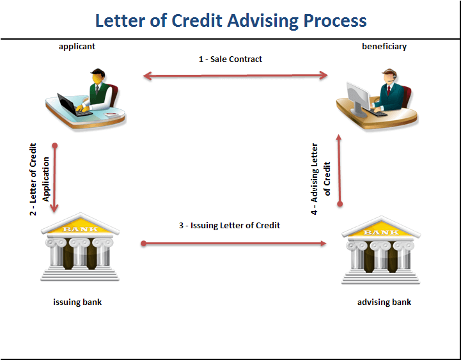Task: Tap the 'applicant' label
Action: click(77, 46)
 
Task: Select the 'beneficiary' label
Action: click(384, 46)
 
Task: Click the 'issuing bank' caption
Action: click(77, 302)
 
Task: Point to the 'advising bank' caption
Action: click(384, 302)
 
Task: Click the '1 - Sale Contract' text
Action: click(230, 59)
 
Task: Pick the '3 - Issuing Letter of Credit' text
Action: click(230, 225)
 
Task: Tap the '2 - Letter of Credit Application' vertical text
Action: click(39, 179)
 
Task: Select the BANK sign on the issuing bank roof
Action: click(80, 228)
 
